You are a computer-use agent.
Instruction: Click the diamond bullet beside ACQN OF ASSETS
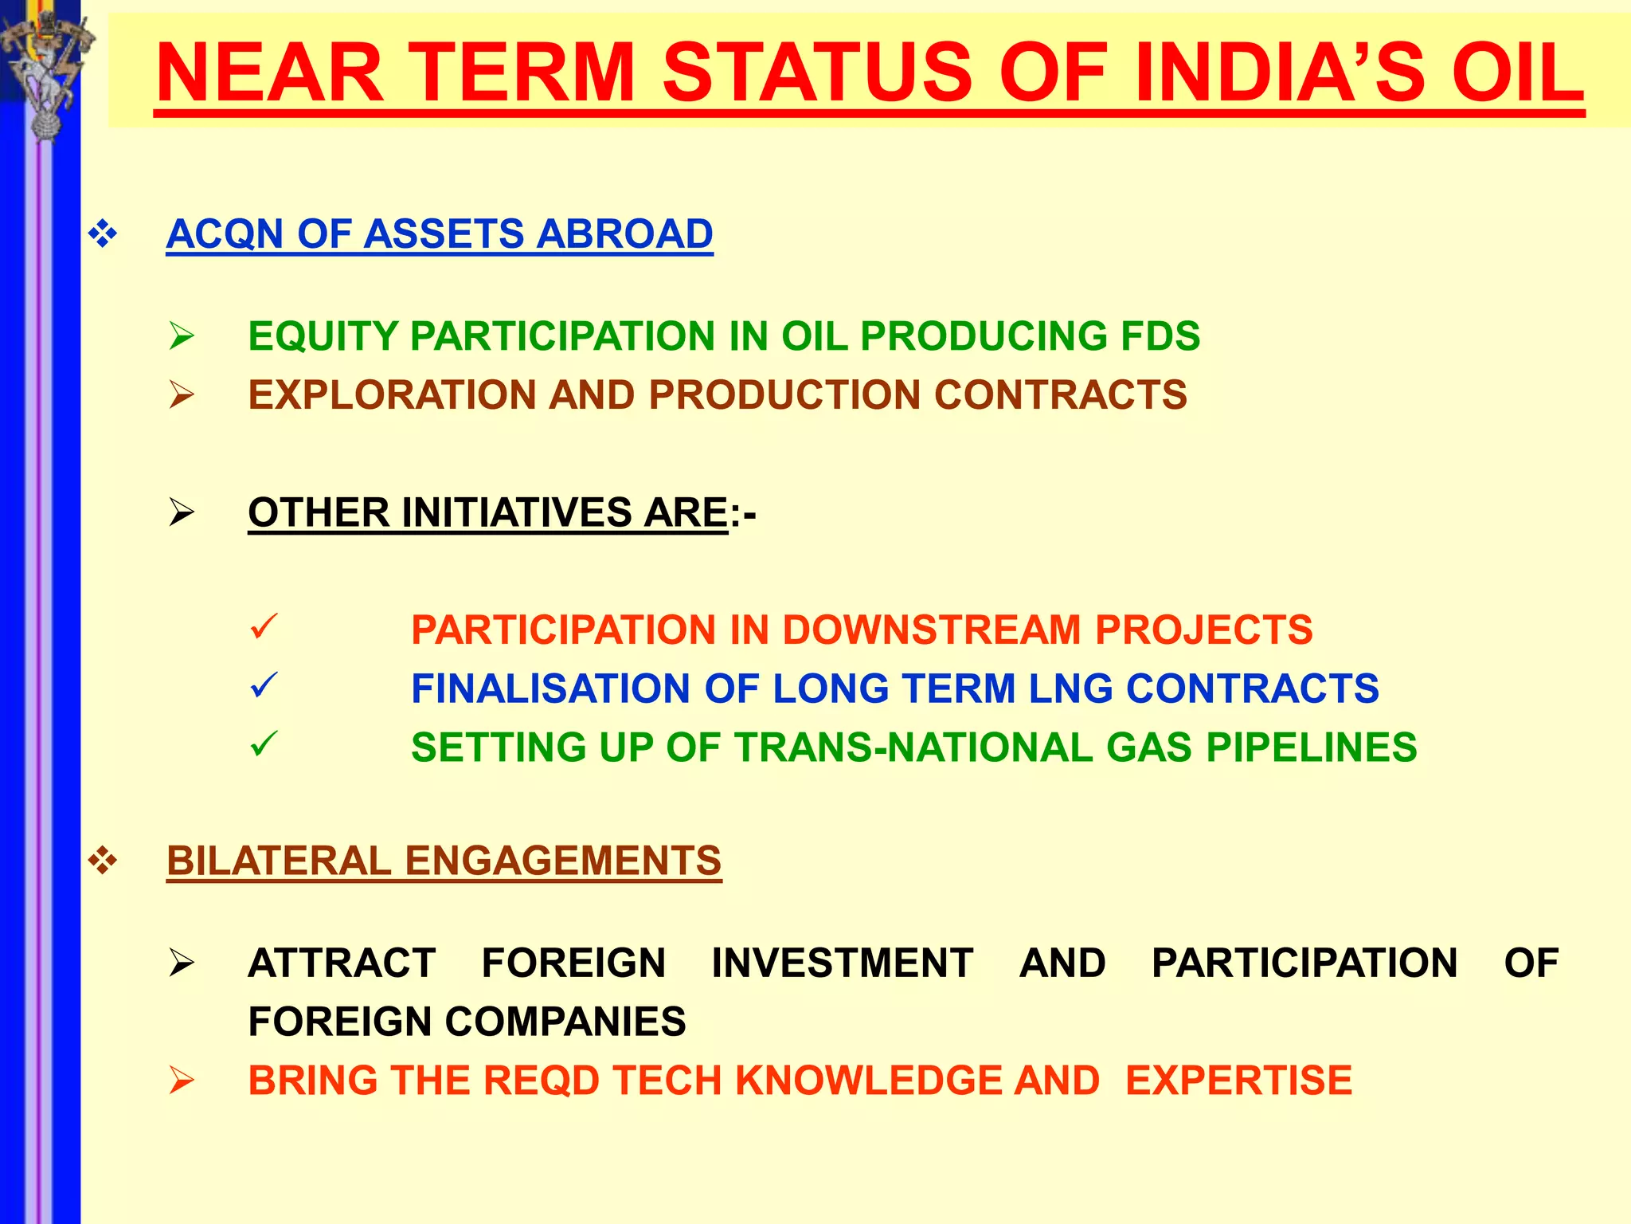pyautogui.click(x=103, y=234)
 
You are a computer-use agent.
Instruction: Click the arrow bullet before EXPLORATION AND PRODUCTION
pyautogui.click(x=182, y=395)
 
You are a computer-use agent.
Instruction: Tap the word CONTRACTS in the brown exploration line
pyautogui.click(x=1060, y=395)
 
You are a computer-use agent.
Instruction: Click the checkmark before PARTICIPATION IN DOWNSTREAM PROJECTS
pyautogui.click(x=263, y=626)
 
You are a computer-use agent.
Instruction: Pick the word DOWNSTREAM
pyautogui.click(x=933, y=630)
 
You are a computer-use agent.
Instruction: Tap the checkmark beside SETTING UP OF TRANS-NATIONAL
pyautogui.click(x=263, y=744)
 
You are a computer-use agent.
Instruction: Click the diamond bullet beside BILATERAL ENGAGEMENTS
pyautogui.click(x=103, y=861)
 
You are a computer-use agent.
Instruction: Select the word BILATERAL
pyautogui.click(x=279, y=861)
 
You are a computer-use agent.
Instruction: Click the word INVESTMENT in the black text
pyautogui.click(x=842, y=963)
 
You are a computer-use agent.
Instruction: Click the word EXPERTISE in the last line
pyautogui.click(x=1238, y=1081)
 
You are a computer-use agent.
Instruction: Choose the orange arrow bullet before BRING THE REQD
pyautogui.click(x=182, y=1081)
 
